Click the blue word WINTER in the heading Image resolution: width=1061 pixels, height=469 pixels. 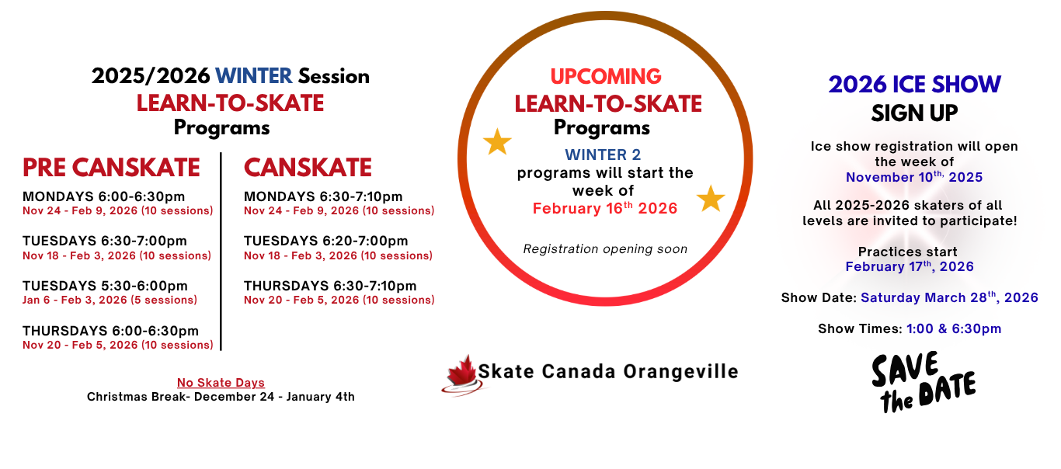click(253, 76)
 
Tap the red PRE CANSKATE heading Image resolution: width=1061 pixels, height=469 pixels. click(111, 168)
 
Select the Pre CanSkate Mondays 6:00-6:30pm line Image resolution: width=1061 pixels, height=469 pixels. click(104, 196)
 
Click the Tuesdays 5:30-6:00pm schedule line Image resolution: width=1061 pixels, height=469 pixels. click(105, 286)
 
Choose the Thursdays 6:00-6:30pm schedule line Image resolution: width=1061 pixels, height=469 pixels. click(111, 331)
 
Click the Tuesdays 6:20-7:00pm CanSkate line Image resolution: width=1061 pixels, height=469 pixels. click(326, 241)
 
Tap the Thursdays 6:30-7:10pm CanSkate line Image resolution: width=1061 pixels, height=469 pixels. click(330, 286)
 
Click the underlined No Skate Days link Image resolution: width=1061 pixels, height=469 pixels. click(221, 382)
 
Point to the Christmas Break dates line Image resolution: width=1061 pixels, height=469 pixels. click(221, 397)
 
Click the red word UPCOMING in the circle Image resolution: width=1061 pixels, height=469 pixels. click(606, 76)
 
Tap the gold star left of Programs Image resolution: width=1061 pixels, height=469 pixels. click(497, 141)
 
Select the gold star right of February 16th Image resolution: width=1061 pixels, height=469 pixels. click(711, 198)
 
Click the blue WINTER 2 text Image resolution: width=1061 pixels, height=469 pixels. click(603, 155)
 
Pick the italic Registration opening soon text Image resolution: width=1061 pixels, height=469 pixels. click(605, 248)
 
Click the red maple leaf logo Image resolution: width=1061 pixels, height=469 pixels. click(462, 374)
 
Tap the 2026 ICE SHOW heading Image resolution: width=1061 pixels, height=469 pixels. click(915, 85)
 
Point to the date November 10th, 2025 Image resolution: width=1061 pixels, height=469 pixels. click(914, 177)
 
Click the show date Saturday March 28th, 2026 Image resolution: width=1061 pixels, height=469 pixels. click(949, 297)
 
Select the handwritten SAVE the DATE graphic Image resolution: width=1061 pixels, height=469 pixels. click(924, 382)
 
